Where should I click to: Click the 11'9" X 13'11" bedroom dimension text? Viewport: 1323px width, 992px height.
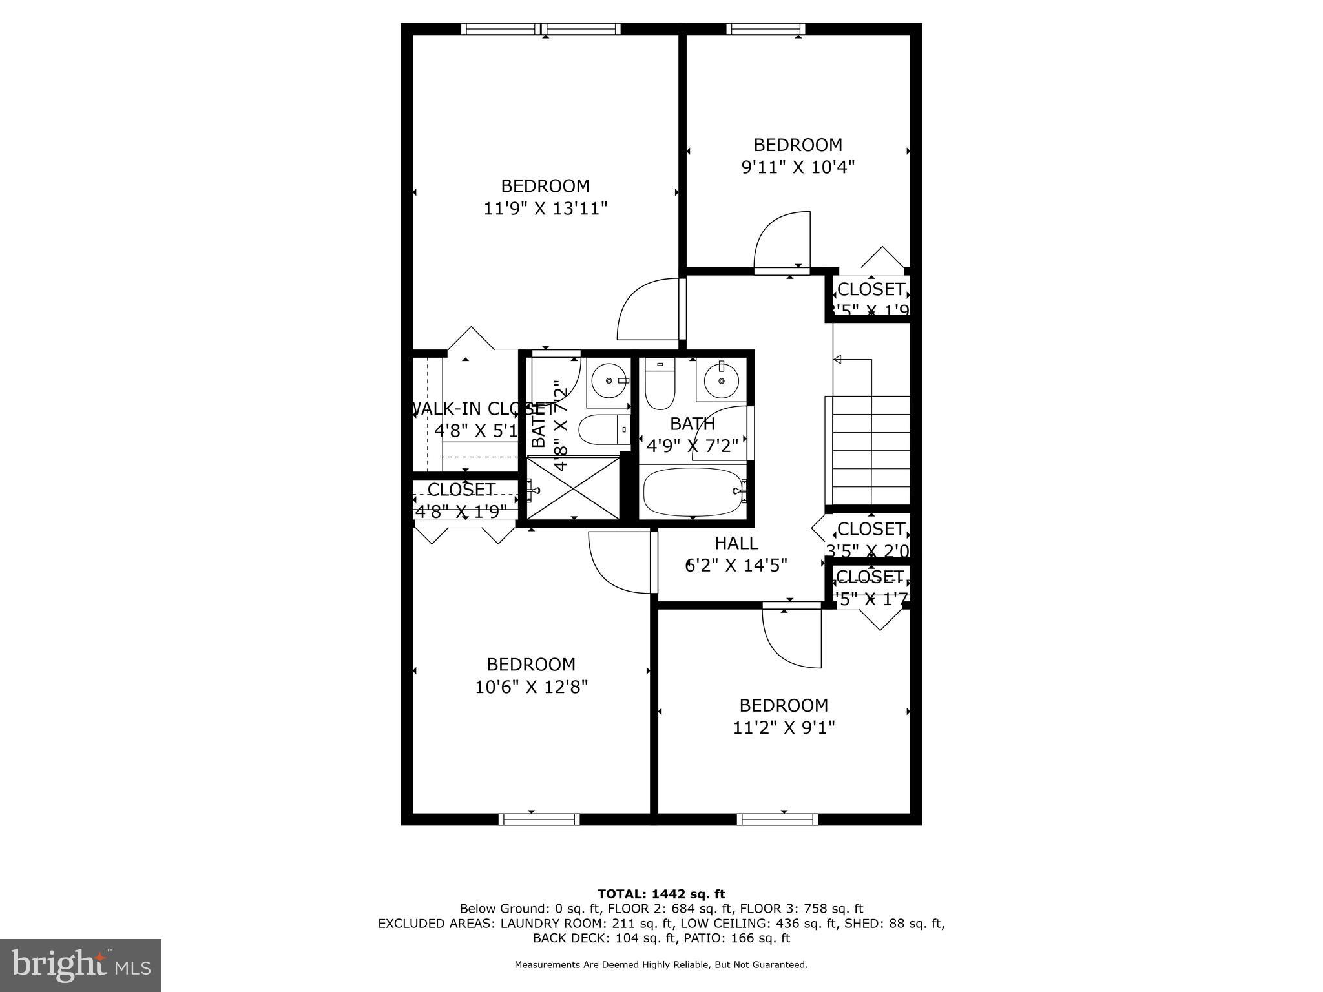coord(546,209)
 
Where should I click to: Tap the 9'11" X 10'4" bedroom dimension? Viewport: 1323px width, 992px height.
coord(798,167)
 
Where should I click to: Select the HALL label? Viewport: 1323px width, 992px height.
coord(736,543)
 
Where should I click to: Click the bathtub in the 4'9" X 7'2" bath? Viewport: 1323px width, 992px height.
coord(693,491)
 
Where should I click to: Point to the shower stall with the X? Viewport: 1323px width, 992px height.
coord(573,487)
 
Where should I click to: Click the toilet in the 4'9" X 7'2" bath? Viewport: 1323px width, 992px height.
coord(660,385)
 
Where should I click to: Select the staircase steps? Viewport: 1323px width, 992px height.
coord(871,450)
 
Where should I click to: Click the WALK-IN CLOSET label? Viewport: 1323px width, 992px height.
coord(481,409)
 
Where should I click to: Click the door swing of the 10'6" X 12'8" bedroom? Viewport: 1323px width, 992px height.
coord(618,561)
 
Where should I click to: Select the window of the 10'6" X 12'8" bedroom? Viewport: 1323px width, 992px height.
coord(539,819)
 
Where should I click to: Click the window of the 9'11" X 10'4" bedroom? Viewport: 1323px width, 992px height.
coord(766,28)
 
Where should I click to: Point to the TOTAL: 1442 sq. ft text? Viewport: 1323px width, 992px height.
coord(661,894)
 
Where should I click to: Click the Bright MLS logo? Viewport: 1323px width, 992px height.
coord(81,965)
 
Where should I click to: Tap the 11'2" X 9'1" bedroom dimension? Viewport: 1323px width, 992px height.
coord(784,728)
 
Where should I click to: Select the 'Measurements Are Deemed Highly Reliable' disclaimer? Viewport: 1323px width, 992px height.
coord(661,965)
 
